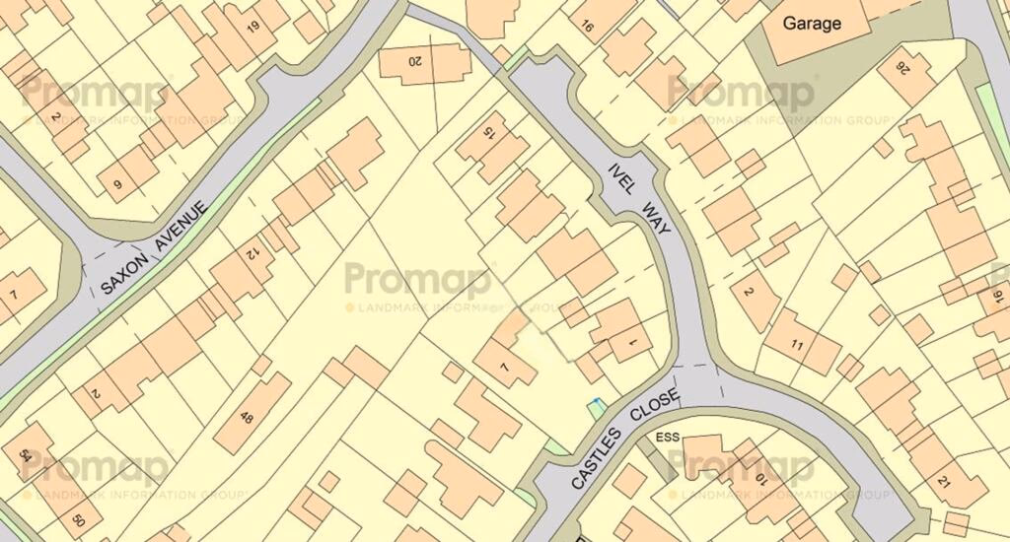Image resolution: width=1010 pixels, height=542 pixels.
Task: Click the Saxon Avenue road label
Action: [x=155, y=249]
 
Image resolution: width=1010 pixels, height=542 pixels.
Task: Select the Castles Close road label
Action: [x=625, y=440]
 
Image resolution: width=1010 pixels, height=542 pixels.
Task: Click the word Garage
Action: [x=812, y=23]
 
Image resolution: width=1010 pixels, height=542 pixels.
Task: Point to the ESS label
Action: [x=669, y=435]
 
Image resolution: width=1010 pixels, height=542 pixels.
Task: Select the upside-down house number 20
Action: [x=414, y=61]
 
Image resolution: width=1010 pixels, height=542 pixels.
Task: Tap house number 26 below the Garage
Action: [x=901, y=68]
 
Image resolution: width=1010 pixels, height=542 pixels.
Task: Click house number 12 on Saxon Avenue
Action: [x=251, y=254]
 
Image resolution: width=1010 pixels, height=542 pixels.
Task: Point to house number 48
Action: [x=247, y=419]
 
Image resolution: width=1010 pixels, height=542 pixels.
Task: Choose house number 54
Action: [x=23, y=456]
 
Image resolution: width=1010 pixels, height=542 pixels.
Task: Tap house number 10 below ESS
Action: [x=759, y=480]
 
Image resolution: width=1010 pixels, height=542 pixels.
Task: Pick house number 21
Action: [x=944, y=482]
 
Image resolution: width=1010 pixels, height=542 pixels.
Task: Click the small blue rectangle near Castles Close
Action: [x=595, y=407]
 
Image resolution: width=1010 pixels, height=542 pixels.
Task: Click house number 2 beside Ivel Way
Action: [x=747, y=293]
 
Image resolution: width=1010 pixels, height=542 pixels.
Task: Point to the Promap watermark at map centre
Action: [x=417, y=281]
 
